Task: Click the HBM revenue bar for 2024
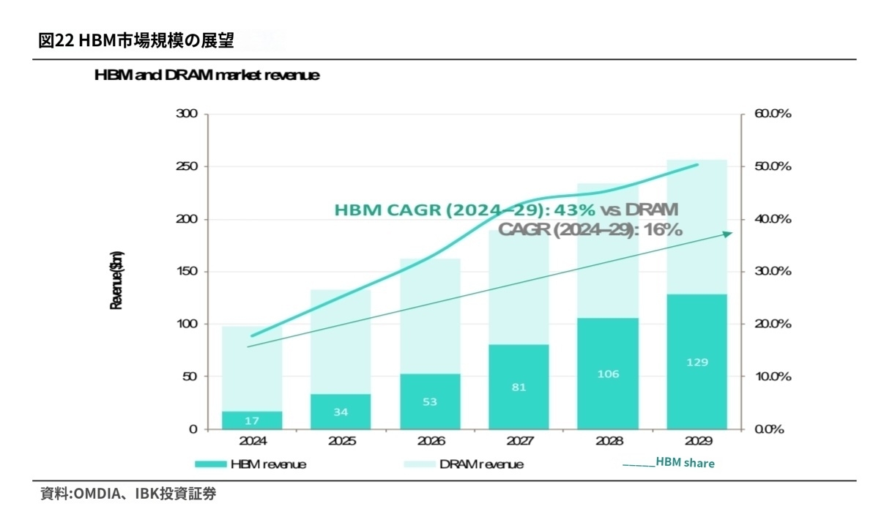click(x=252, y=420)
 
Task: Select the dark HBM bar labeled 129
click(x=697, y=362)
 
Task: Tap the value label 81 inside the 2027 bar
click(x=519, y=387)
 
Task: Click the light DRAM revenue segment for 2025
click(x=341, y=341)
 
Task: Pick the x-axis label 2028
click(x=608, y=442)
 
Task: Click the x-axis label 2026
click(x=430, y=442)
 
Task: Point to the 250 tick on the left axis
click(x=187, y=167)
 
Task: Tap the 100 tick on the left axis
click(x=187, y=324)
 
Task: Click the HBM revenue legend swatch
click(x=210, y=464)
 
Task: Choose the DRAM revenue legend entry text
click(x=481, y=464)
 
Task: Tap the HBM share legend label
click(x=685, y=463)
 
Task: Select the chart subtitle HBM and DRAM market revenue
click(x=207, y=75)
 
